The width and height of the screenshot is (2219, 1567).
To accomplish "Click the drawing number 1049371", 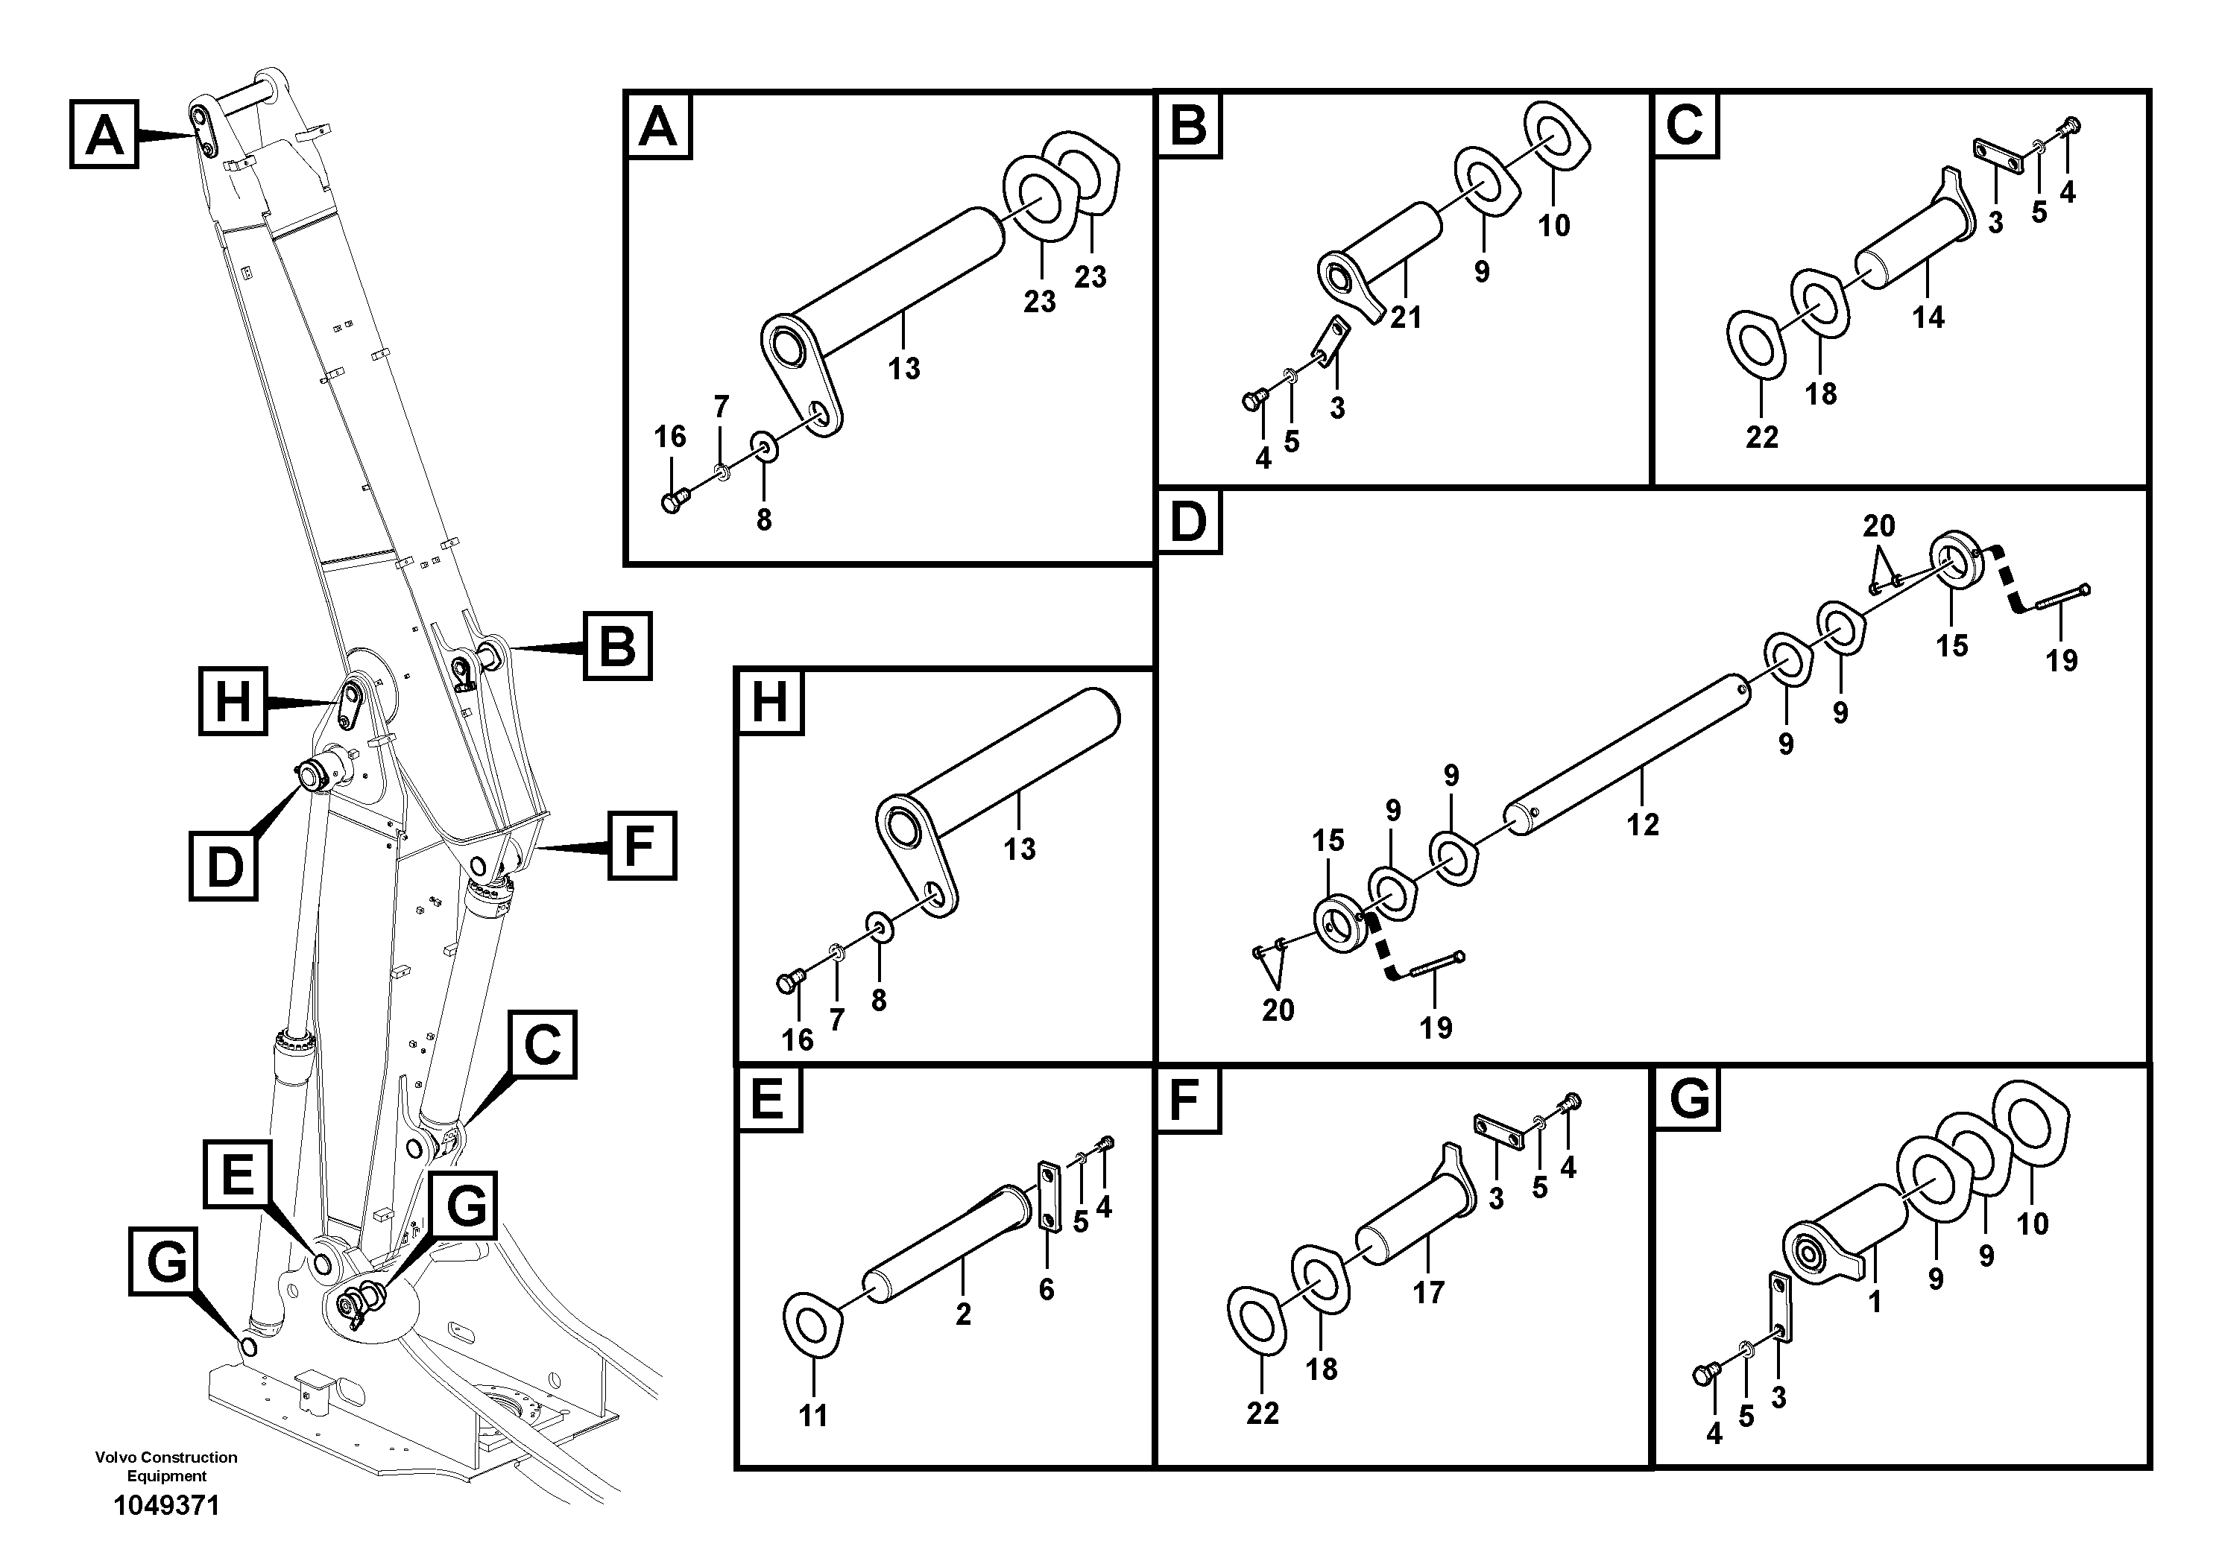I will [x=166, y=1505].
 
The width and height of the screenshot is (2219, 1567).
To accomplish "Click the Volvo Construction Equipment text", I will [x=166, y=1466].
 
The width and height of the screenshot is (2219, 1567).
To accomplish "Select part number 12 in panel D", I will [x=1642, y=824].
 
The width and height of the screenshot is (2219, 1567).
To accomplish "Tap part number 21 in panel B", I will [x=1405, y=317].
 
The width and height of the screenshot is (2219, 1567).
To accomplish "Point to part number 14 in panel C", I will [x=1927, y=317].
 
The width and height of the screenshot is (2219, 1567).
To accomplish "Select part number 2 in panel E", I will [x=962, y=1314].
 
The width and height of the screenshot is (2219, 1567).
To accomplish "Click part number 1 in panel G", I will [x=1874, y=1302].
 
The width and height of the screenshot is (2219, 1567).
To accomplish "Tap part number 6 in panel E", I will [x=1046, y=1290].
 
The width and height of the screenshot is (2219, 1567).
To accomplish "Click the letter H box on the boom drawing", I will [x=232, y=700].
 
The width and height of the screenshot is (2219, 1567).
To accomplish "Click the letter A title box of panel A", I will [x=659, y=127].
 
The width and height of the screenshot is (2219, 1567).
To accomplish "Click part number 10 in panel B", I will [x=1554, y=226].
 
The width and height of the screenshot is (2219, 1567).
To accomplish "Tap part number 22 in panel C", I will [x=1762, y=437].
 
